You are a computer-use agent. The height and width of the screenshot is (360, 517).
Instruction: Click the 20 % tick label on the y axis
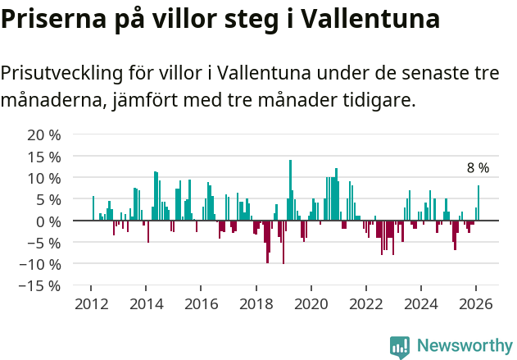tap(44, 134)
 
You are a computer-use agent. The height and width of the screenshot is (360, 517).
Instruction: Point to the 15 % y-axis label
tap(44, 156)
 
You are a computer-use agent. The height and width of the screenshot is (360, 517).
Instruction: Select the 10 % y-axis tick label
tap(44, 178)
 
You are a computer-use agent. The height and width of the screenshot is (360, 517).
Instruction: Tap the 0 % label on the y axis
tap(48, 221)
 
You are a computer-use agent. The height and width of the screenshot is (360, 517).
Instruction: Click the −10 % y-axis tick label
tap(40, 264)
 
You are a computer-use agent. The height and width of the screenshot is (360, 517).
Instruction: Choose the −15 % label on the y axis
tap(40, 285)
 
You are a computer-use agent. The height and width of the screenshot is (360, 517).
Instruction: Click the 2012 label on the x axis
tap(91, 303)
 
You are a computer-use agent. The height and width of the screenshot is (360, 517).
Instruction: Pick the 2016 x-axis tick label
tap(201, 303)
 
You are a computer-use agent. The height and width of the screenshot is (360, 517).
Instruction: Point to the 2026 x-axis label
tap(476, 303)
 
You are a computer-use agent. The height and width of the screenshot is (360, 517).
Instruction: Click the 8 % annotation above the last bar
tap(478, 168)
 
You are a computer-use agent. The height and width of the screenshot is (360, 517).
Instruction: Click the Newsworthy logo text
tap(465, 345)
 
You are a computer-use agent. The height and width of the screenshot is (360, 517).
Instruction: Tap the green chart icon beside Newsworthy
tap(400, 346)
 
